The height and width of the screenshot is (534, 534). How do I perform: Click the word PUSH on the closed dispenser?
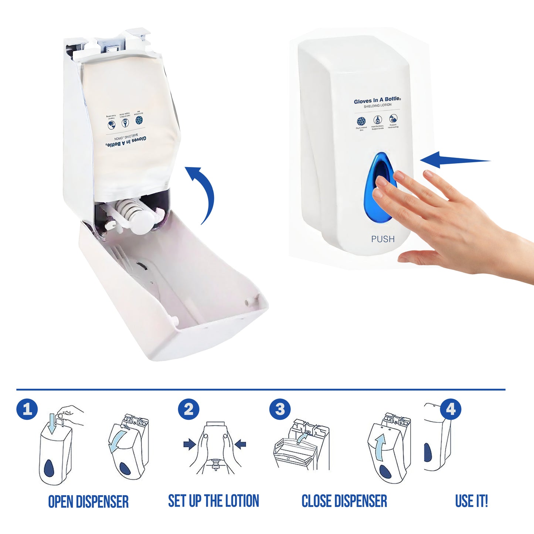383,239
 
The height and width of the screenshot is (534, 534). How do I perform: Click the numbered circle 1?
27,409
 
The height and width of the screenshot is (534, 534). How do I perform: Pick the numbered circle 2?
188,409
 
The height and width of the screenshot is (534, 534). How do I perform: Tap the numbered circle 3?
280,409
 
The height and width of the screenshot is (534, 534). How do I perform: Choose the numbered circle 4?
450,409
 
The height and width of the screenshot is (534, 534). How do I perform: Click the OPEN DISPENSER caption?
88,501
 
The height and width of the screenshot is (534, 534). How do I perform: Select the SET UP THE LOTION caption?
214,501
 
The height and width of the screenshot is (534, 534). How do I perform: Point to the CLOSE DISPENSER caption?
344,501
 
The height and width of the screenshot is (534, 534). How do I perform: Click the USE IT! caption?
471,501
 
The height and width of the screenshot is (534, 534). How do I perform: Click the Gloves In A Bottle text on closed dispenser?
377,100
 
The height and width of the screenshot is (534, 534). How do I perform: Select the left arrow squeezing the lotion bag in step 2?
189,444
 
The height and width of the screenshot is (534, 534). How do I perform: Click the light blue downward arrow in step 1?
51,424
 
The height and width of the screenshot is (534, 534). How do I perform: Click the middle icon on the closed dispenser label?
377,120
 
